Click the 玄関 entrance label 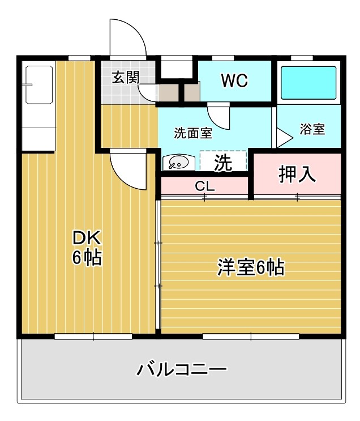(x=126, y=78)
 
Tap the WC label (x=234, y=80)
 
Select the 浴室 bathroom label (x=312, y=129)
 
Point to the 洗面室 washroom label (x=193, y=133)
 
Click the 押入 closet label (x=297, y=174)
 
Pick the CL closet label (x=205, y=186)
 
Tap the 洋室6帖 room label (x=251, y=267)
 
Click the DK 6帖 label (x=87, y=248)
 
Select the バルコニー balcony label (x=182, y=369)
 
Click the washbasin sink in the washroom (x=178, y=163)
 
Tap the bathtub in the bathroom (x=308, y=83)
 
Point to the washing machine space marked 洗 (x=223, y=161)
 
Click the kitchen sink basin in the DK (x=39, y=85)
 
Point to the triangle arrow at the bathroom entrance (x=284, y=138)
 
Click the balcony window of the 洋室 (x=251, y=337)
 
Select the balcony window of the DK (x=93, y=337)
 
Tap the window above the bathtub (x=302, y=58)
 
